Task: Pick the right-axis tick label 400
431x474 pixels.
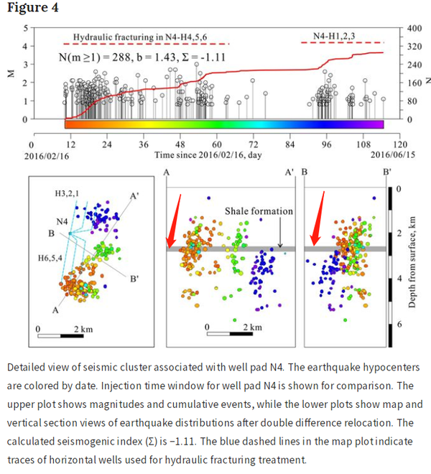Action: click(409, 27)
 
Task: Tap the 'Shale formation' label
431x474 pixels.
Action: click(259, 211)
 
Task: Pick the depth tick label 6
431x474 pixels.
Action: click(399, 325)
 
